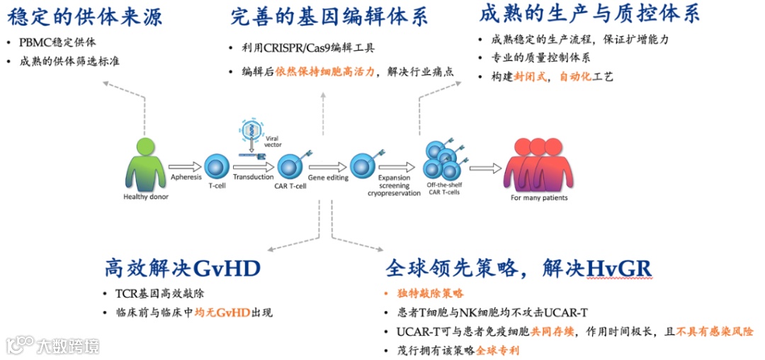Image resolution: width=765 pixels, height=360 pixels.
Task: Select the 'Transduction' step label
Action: [253, 177]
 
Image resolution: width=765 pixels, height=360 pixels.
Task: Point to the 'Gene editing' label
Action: [328, 178]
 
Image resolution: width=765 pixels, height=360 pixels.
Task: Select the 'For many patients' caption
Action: [539, 198]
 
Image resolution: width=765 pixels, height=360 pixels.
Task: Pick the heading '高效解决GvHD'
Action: [183, 269]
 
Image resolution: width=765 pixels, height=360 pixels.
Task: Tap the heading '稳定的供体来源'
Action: [84, 15]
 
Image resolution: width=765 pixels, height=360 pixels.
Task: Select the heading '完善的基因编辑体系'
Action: [329, 16]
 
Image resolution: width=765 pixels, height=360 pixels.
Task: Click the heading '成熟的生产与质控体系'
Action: [589, 13]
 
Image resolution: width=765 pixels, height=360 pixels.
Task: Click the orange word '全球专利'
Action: [497, 350]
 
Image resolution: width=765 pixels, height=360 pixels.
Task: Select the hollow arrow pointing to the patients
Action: [485, 168]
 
